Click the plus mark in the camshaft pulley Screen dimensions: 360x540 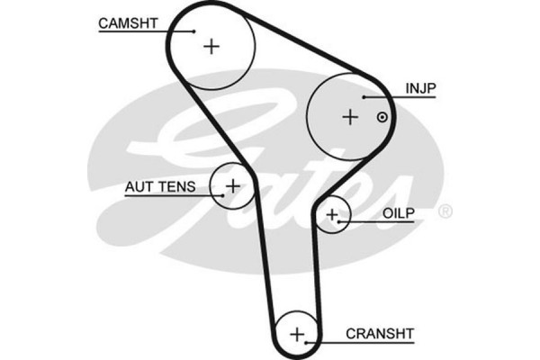click(211, 46)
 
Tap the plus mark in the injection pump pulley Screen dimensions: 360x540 click(350, 116)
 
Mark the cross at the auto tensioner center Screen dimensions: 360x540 click(232, 185)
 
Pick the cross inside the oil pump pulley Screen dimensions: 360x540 click(333, 214)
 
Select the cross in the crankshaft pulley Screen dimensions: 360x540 click(297, 335)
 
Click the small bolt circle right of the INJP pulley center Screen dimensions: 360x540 click(382, 117)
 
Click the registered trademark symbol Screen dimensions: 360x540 click(444, 212)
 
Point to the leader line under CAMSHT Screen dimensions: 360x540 click(144, 30)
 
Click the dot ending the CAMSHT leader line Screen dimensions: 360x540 click(193, 30)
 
